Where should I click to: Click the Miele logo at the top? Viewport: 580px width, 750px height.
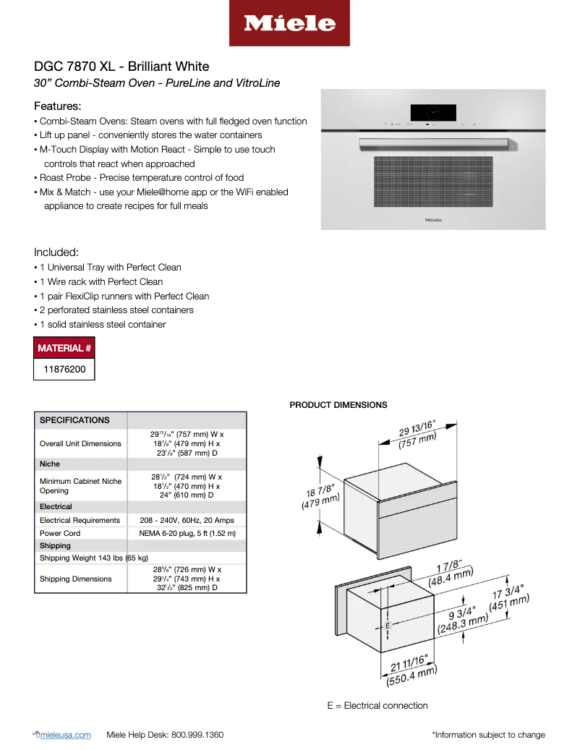(x=289, y=23)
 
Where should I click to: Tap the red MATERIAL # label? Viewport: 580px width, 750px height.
(x=64, y=348)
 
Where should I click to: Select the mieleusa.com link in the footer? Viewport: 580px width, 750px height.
(x=67, y=735)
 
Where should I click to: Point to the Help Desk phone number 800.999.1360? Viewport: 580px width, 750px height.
(x=197, y=735)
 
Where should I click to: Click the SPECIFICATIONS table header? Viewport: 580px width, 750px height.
(x=74, y=420)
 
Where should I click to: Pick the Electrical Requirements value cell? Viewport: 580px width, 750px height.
(x=187, y=520)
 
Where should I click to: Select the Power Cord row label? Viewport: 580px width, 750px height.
(x=60, y=533)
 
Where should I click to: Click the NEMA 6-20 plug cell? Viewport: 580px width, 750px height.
(x=187, y=533)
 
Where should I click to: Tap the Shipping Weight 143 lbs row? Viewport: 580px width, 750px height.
(x=94, y=558)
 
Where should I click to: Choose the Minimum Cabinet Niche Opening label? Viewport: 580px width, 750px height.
(x=80, y=485)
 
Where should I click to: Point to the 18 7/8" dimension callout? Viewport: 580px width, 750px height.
(x=320, y=498)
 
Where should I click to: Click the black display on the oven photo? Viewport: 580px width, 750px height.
(x=433, y=112)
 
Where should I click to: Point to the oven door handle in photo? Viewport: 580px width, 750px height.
(x=433, y=140)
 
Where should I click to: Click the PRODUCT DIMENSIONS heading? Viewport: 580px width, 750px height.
(x=338, y=405)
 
